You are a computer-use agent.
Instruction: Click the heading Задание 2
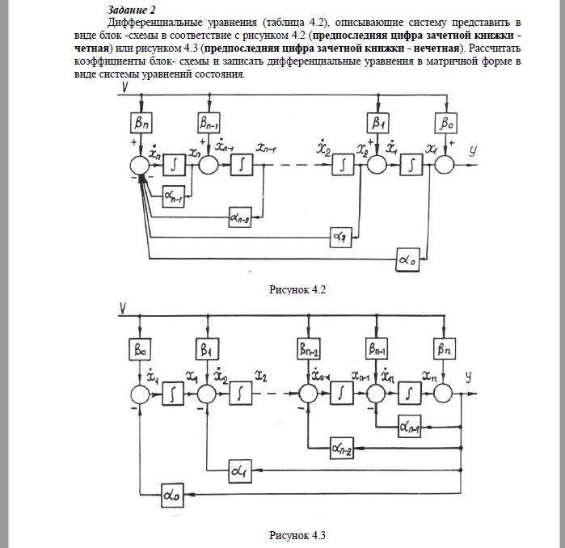(x=131, y=10)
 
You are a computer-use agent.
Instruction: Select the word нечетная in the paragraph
(x=436, y=48)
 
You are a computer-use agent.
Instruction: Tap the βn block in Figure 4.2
(x=141, y=123)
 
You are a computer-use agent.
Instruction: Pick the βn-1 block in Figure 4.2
(x=209, y=123)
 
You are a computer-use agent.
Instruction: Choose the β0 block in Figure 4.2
(x=446, y=123)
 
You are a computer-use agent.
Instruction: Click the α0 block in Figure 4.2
(x=408, y=259)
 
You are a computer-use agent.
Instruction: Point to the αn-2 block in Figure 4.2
(x=240, y=217)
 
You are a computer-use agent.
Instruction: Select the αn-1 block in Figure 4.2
(x=173, y=196)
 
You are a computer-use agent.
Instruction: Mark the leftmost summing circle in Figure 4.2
(x=139, y=166)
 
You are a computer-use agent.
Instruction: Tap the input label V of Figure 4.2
(x=124, y=87)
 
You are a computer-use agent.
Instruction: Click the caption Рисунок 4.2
(x=297, y=289)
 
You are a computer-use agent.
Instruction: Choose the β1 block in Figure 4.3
(x=207, y=348)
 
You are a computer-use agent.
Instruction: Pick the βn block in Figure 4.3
(x=445, y=348)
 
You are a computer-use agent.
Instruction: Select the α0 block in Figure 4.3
(x=172, y=495)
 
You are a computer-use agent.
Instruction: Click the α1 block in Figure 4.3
(x=240, y=471)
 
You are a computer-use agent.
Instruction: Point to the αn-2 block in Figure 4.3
(x=342, y=448)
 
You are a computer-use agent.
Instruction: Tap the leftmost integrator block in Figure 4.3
(x=173, y=394)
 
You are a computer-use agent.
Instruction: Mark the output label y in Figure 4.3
(x=469, y=377)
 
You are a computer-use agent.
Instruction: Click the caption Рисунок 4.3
(x=297, y=535)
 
